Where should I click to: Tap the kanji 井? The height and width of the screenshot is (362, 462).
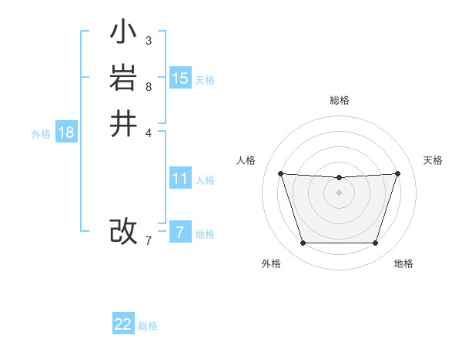pos(123,124)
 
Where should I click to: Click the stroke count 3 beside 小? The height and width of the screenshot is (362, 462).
pos(148,40)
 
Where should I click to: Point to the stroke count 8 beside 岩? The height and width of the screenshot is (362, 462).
pos(148,86)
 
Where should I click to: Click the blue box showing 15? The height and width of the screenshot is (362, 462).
pos(180,79)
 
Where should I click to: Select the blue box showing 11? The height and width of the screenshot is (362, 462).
pos(180,179)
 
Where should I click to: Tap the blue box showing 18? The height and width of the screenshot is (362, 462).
pos(66,132)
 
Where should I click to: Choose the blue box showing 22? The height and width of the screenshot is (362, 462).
pos(123,324)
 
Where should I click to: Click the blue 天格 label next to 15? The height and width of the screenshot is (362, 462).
pos(205,80)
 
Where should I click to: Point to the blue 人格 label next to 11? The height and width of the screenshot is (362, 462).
pos(205,180)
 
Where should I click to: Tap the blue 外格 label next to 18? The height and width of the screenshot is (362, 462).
pos(41,134)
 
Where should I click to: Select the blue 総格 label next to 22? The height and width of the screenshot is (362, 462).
pos(148,326)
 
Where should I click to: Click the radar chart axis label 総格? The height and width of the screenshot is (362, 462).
pos(340,100)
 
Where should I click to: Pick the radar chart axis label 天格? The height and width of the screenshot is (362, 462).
pos(434,160)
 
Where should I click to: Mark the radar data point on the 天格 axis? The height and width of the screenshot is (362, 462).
pos(397,173)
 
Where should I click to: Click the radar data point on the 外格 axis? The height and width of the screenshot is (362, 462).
pos(303,243)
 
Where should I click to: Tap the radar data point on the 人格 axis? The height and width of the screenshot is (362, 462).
pos(280,173)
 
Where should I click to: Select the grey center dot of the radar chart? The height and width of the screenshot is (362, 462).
pos(339,193)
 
